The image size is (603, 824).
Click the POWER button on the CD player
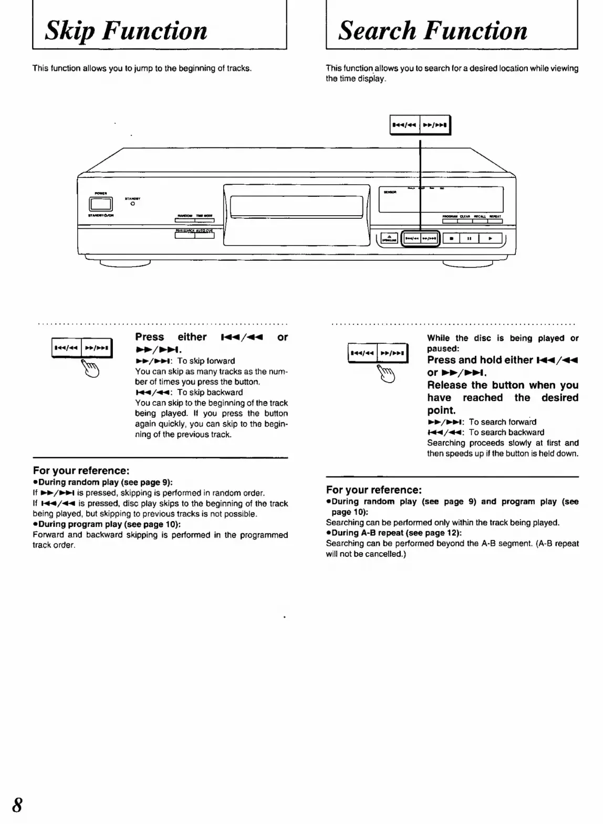click(x=103, y=204)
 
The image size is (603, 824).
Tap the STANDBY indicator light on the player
click(x=132, y=204)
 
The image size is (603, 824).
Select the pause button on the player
click(x=469, y=239)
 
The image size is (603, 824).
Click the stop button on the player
click(x=451, y=239)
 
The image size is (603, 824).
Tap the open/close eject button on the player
click(x=389, y=239)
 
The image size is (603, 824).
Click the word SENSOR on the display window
click(x=390, y=192)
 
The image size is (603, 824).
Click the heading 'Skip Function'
click(x=126, y=30)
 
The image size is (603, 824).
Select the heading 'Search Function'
click(x=433, y=30)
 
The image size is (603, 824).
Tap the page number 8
click(x=17, y=805)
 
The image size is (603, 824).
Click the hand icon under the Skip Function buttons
click(x=90, y=368)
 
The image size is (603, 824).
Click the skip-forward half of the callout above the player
click(x=435, y=125)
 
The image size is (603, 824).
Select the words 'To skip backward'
click(x=210, y=393)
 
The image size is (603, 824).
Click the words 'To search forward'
click(x=502, y=422)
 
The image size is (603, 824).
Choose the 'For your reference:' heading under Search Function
click(x=373, y=490)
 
